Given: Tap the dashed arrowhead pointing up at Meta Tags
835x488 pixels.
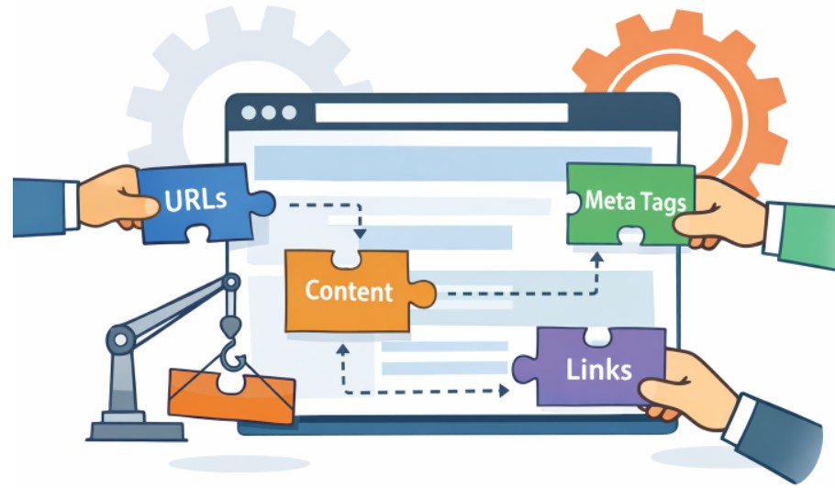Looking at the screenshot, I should (596, 260).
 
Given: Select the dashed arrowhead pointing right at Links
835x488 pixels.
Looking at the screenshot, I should (504, 391).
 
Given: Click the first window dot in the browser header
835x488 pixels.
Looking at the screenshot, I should (249, 113).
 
